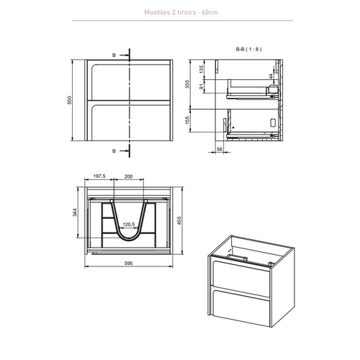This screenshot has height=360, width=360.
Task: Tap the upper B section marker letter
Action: [114, 54]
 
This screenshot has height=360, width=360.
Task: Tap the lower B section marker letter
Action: [114, 150]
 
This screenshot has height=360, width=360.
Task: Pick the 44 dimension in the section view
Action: [271, 76]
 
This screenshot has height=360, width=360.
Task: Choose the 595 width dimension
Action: [128, 264]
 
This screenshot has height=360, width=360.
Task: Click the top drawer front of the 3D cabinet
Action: [241, 277]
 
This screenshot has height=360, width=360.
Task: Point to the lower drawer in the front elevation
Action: [128, 121]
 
